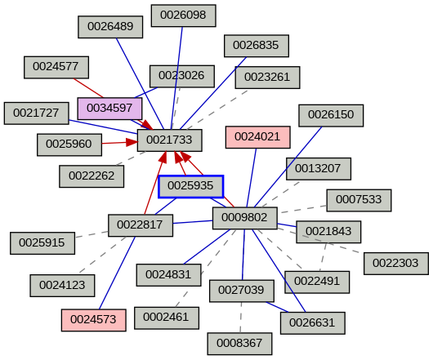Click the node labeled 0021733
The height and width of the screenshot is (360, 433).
pos(169,140)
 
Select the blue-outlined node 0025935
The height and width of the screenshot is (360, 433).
pos(190,186)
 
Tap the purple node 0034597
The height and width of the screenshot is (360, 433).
pos(109,108)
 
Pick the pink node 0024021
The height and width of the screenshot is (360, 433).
pos(257,136)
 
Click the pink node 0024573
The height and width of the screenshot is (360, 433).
pos(93,320)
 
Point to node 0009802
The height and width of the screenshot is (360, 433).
pos(244,217)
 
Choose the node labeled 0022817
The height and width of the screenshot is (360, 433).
pos(140,224)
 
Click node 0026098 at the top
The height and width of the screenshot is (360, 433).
pos(183,15)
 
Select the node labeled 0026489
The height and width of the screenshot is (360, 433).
pos(110,26)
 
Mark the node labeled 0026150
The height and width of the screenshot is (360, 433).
pos(330,115)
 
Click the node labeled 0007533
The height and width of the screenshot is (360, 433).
pos(359,200)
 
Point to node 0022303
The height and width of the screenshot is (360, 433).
pos(395,263)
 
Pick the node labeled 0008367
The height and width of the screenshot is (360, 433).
pos(239,343)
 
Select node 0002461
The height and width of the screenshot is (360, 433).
pos(166,316)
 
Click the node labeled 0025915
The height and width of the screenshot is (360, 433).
pos(42,242)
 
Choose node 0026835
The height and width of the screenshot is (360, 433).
pos(256,45)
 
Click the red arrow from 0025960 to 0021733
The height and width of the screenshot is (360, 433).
pos(119,143)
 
